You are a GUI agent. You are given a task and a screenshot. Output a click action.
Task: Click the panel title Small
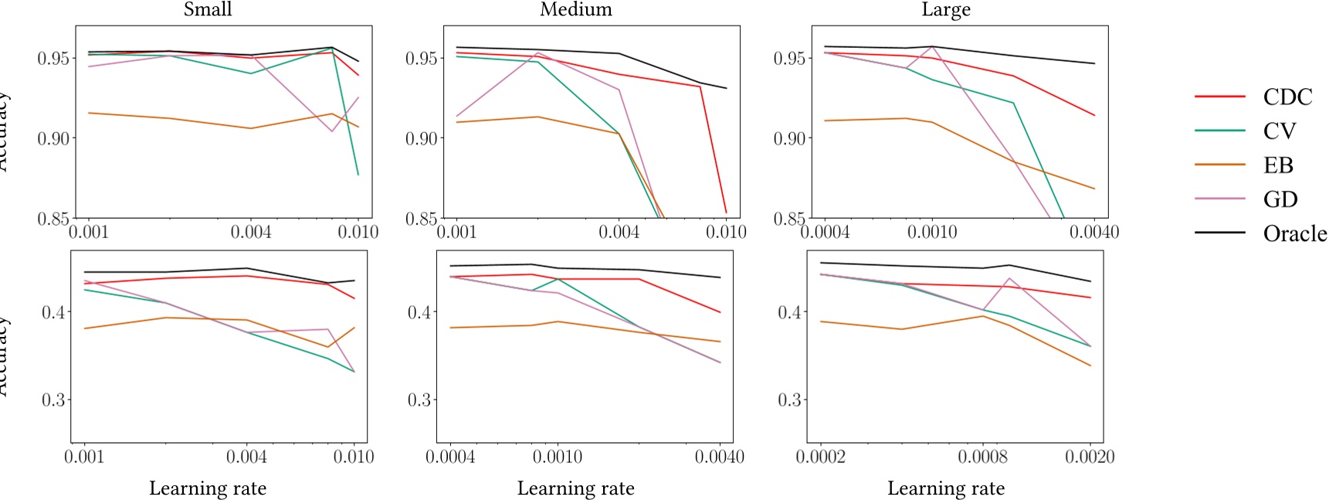pyautogui.click(x=208, y=9)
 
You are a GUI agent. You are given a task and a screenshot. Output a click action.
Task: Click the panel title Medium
pyautogui.click(x=575, y=9)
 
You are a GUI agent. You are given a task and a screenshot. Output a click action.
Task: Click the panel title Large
pyautogui.click(x=945, y=9)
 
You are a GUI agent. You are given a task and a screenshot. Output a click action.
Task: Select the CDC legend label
pyautogui.click(x=1287, y=97)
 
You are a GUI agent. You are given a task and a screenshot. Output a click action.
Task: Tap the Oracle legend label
pyautogui.click(x=1294, y=233)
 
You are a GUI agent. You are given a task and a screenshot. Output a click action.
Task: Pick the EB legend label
pyautogui.click(x=1278, y=165)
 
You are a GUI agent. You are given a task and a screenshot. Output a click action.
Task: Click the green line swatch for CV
pyautogui.click(x=1220, y=131)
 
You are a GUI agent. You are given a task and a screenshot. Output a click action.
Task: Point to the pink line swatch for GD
pyautogui.click(x=1220, y=199)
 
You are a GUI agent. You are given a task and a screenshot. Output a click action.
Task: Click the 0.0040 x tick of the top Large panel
pyautogui.click(x=1093, y=233)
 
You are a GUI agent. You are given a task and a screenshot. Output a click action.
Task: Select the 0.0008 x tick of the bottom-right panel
pyautogui.click(x=982, y=457)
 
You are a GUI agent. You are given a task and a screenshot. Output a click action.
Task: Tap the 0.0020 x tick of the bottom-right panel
pyautogui.click(x=1090, y=457)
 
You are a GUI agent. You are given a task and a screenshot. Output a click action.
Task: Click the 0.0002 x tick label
pyautogui.click(x=820, y=457)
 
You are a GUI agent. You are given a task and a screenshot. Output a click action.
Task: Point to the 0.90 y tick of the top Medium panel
pyautogui.click(x=421, y=138)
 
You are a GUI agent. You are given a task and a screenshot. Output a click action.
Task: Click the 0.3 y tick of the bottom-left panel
pyautogui.click(x=53, y=400)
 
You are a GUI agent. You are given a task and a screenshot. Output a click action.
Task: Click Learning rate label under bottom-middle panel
pyautogui.click(x=575, y=488)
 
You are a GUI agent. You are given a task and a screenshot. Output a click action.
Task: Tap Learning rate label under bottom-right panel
pyautogui.click(x=945, y=488)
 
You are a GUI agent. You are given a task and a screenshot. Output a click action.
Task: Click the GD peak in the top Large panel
pyautogui.click(x=933, y=46)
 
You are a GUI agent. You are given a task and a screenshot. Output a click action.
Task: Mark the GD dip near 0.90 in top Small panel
pyautogui.click(x=332, y=131)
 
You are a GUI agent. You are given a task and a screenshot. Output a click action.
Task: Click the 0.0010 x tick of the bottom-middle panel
pyautogui.click(x=558, y=457)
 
